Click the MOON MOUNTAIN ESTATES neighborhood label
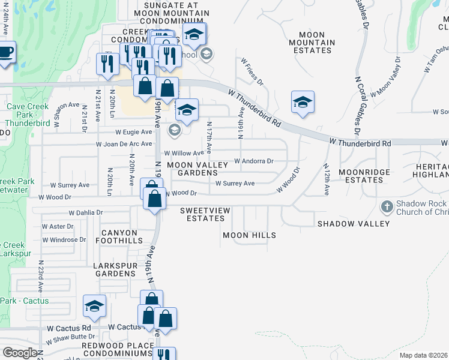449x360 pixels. coord(312,43)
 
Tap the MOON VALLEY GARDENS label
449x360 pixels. coord(197,169)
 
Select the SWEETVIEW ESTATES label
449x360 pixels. coord(202,214)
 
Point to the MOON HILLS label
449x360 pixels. coord(249,235)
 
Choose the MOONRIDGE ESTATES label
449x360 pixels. coord(364,176)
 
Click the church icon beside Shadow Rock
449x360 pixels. coord(388,207)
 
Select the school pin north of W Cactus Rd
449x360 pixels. coord(94,307)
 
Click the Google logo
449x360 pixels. coord(20,353)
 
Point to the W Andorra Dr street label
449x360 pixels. coord(253,161)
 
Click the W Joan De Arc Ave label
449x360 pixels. coord(124,144)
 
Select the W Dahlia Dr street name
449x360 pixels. coord(86,212)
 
